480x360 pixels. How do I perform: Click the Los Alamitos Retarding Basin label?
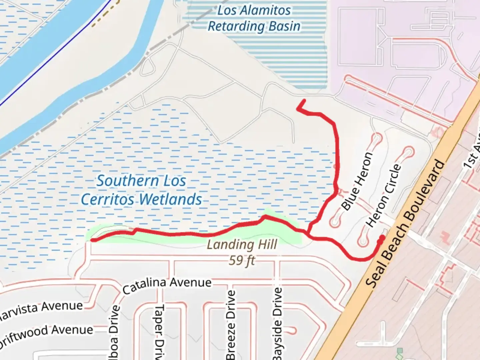click(254, 18)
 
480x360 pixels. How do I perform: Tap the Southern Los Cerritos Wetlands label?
click(141, 190)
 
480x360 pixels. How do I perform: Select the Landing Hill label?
click(242, 245)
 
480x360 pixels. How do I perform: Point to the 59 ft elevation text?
click(242, 260)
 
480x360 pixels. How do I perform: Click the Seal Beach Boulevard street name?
click(405, 223)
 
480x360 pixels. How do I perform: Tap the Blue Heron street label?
click(357, 182)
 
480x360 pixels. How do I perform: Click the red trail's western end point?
click(93, 240)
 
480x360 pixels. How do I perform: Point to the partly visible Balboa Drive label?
click(114, 333)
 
